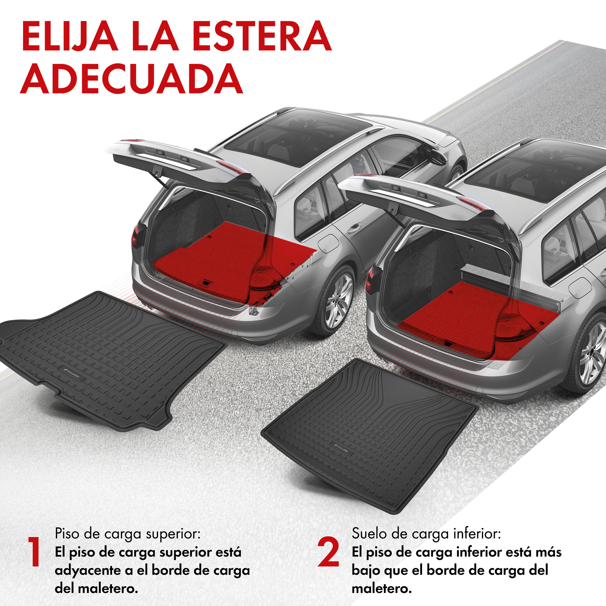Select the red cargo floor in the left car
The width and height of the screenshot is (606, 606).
click(x=220, y=254)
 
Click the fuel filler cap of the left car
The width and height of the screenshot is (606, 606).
click(x=328, y=244)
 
